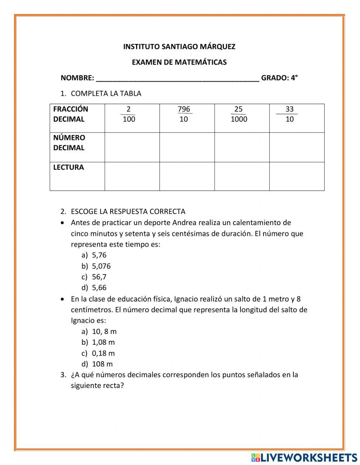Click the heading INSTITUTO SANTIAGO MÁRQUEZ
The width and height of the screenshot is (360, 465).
[x=179, y=47]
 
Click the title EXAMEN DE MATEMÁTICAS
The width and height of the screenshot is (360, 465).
[x=179, y=62]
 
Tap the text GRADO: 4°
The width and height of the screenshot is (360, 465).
[x=279, y=78]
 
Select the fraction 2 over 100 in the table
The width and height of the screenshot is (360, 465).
[x=129, y=114]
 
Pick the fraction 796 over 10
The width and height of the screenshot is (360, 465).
[x=184, y=114]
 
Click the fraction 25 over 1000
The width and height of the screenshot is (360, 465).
[x=239, y=114]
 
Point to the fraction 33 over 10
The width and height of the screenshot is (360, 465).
[x=289, y=114]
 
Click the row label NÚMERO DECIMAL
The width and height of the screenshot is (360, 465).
[x=69, y=143]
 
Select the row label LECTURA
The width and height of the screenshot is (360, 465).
[x=68, y=167]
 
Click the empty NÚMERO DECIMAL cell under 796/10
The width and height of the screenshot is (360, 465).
[x=187, y=147]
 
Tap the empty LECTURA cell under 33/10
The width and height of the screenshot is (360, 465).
[x=297, y=176]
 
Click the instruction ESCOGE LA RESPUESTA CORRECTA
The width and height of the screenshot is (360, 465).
[x=128, y=212]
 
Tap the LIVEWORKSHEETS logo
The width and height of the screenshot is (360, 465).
[x=304, y=457]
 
